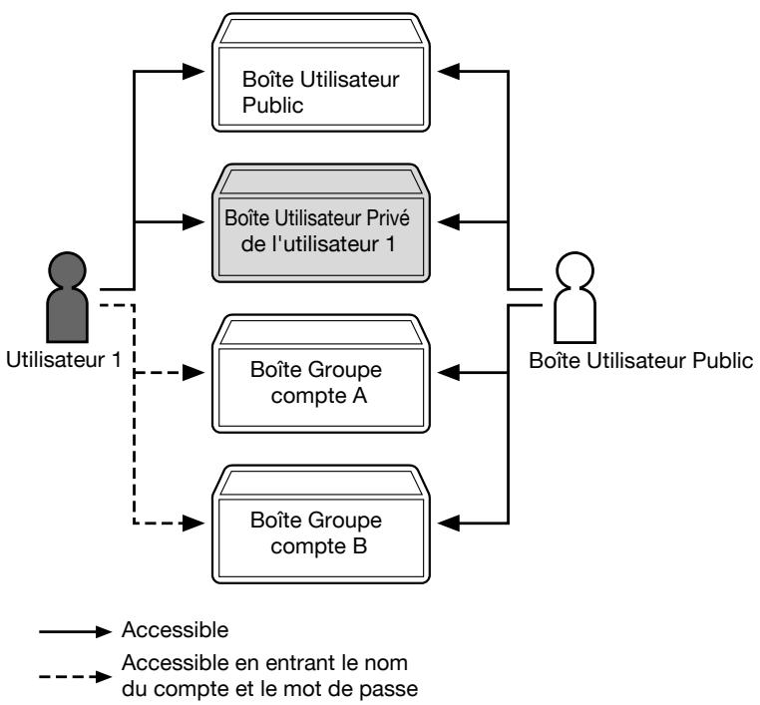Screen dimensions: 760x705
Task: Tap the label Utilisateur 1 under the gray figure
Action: pos(64,360)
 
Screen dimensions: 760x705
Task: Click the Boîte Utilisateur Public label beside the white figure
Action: pos(640,361)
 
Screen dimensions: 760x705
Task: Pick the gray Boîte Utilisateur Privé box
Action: pos(321,223)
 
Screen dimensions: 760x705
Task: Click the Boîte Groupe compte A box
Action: pos(321,374)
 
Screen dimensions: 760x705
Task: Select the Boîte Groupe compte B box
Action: pos(321,525)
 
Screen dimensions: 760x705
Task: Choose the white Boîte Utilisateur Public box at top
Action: pos(321,72)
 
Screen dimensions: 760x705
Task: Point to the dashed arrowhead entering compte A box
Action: pos(193,373)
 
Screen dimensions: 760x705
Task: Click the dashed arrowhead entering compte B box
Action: pos(193,524)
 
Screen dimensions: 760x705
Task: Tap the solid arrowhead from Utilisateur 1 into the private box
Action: pos(193,222)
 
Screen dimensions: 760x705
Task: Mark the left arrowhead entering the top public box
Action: pos(193,72)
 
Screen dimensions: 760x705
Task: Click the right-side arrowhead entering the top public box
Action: pos(449,72)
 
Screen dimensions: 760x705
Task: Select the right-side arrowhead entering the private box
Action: pos(449,222)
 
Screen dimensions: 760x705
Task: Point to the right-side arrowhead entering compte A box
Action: pos(449,373)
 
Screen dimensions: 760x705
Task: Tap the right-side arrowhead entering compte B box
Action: pos(449,524)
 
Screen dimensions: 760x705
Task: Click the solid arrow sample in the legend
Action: pos(75,632)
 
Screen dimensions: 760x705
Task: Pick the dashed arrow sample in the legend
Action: pos(75,677)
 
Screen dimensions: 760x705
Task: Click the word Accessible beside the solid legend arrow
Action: pos(175,630)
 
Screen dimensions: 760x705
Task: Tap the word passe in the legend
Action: pos(387,689)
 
